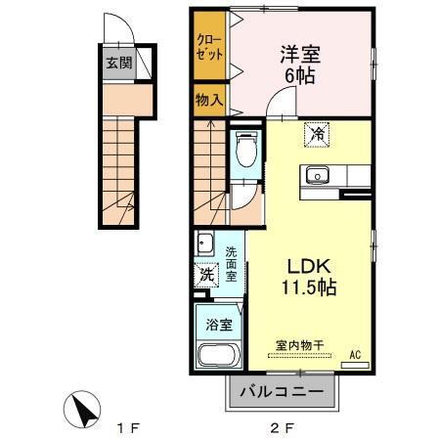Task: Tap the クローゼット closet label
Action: click(x=206, y=49)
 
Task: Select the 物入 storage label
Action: click(x=207, y=101)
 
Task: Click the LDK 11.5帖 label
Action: click(x=311, y=277)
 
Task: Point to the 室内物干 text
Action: click(x=298, y=344)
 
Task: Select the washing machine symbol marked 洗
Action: click(x=205, y=275)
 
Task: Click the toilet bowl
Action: click(x=245, y=152)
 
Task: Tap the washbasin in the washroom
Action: click(x=204, y=243)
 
